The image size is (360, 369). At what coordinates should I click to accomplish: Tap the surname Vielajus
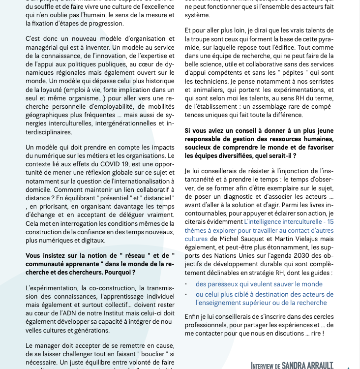tap(309, 239)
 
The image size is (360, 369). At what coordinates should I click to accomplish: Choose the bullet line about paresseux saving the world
tap(259, 284)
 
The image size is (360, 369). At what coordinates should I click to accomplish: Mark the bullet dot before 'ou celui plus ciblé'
tap(186, 294)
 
